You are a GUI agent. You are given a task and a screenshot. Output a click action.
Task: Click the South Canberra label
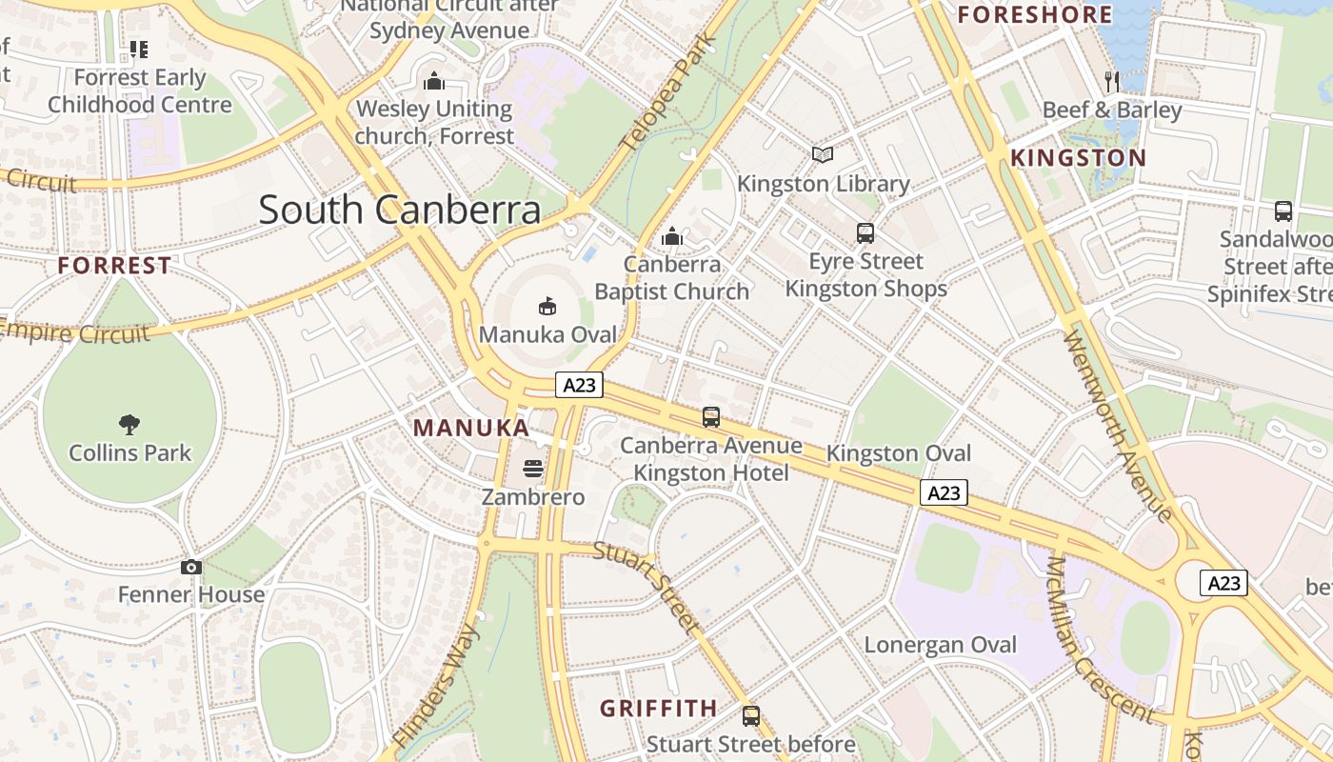400,210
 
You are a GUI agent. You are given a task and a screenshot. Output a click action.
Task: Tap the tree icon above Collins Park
129,425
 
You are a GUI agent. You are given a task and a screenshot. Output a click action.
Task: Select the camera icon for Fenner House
191,568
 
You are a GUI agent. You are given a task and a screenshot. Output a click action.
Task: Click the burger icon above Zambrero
533,469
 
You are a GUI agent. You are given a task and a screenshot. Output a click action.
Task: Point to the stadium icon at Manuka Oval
547,307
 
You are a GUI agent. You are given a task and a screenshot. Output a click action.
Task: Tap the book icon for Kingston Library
823,154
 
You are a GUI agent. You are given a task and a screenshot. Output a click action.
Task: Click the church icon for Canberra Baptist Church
672,235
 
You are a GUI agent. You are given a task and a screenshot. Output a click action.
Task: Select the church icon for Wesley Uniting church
434,81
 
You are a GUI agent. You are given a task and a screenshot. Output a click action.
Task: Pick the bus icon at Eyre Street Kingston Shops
865,232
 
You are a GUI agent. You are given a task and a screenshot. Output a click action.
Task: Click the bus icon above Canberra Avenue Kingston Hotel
711,416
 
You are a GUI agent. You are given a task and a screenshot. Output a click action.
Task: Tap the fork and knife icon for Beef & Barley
1111,81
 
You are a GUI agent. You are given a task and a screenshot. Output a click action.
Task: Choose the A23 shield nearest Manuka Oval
580,385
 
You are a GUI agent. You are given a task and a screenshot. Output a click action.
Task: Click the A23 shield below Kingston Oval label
944,492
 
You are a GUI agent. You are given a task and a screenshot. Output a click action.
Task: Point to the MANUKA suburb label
471,428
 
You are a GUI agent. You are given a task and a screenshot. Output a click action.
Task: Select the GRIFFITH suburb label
658,708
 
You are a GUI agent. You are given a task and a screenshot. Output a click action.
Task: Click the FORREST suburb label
114,266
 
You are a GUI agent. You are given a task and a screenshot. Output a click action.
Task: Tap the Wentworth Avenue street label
1118,425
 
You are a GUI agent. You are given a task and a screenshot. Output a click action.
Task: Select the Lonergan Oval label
940,645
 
